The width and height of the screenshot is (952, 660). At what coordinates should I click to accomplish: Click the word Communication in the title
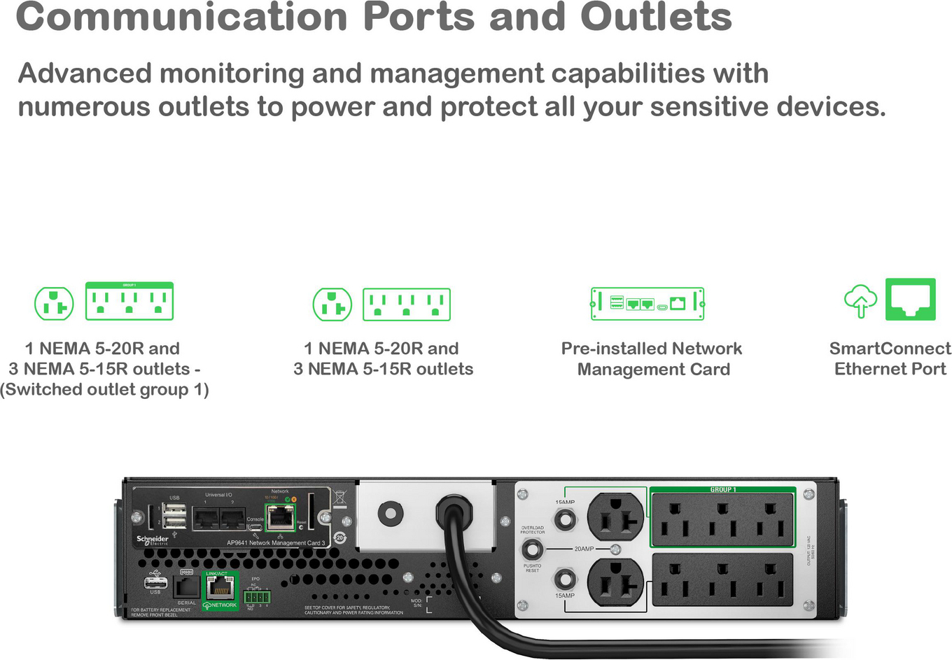click(181, 17)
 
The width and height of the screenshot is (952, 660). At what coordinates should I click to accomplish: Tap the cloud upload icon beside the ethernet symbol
click(860, 301)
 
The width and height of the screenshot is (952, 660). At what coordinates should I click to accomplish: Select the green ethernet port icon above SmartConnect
click(910, 300)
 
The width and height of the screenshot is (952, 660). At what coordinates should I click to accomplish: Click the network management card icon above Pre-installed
click(647, 304)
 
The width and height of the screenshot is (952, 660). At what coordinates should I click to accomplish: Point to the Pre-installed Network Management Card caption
click(652, 359)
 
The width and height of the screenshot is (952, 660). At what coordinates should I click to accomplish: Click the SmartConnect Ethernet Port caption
click(890, 359)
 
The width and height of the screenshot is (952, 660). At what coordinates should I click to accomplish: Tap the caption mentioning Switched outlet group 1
click(105, 369)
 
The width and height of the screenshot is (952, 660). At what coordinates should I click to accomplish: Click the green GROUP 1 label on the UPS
click(723, 490)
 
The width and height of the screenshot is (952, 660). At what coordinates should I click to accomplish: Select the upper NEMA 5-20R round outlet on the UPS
click(615, 518)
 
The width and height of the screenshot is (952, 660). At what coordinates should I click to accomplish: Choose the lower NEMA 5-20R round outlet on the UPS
click(615, 582)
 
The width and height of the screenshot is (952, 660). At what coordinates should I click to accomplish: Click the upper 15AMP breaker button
click(565, 519)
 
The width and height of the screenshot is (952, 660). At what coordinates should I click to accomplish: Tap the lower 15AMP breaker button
click(565, 580)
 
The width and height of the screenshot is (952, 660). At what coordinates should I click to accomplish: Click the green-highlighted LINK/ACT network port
click(220, 587)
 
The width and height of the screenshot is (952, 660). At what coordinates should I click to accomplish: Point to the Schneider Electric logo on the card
click(153, 540)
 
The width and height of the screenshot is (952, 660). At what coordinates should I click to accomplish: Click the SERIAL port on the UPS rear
click(186, 587)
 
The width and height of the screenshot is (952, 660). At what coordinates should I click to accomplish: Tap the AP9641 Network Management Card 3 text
click(276, 543)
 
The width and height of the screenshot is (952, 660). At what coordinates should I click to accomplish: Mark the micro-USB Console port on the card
click(255, 527)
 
